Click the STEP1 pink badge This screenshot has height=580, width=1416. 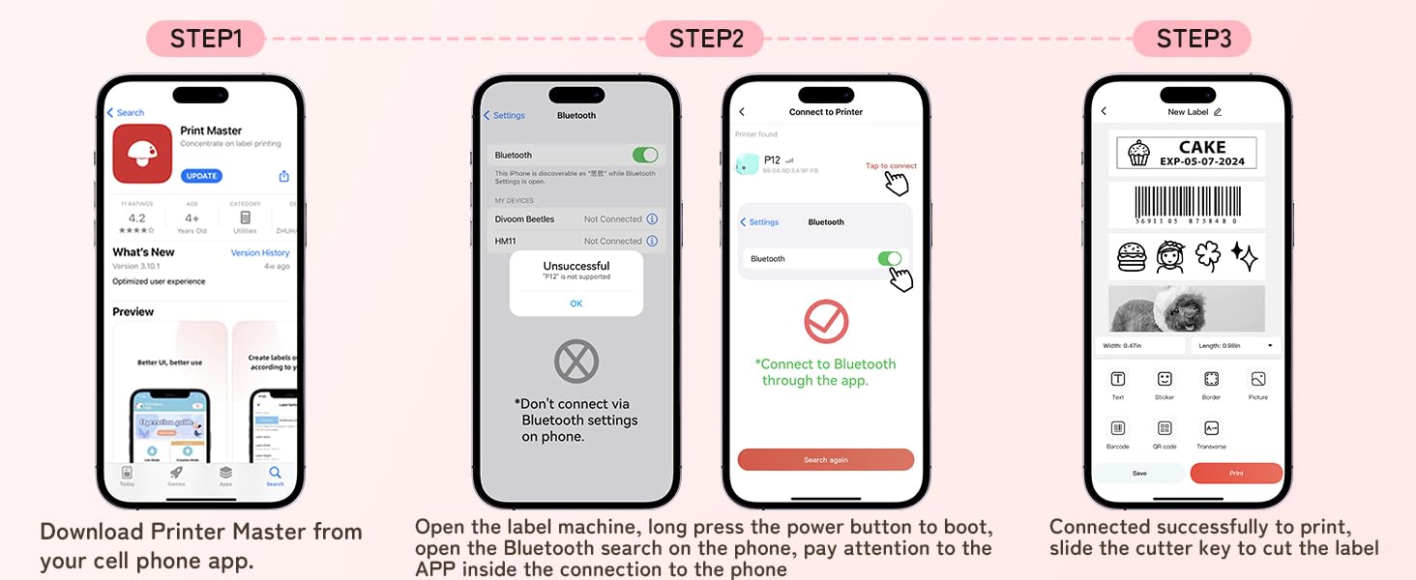click(x=206, y=39)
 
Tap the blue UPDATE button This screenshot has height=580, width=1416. click(x=201, y=176)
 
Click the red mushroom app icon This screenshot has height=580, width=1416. click(x=142, y=154)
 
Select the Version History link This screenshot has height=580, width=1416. click(x=260, y=253)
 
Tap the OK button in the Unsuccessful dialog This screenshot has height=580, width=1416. click(x=575, y=304)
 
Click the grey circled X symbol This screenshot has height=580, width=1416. click(x=576, y=362)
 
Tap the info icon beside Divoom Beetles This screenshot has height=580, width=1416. click(x=652, y=219)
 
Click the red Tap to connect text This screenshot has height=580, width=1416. click(x=890, y=166)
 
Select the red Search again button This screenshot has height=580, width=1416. click(x=825, y=460)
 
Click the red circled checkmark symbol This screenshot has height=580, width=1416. click(x=826, y=322)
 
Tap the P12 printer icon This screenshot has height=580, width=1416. click(x=747, y=164)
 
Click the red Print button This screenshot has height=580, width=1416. click(x=1236, y=474)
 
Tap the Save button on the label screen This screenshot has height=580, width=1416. click(x=1139, y=474)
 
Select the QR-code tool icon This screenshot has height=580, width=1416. click(x=1165, y=428)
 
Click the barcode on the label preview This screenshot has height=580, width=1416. click(x=1186, y=204)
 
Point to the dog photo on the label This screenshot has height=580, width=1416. click(x=1186, y=309)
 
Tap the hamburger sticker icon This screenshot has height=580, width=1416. click(x=1131, y=256)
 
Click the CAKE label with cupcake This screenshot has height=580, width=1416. click(x=1186, y=153)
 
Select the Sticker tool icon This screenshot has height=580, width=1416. click(x=1165, y=379)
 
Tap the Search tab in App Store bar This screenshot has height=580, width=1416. click(x=275, y=475)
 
